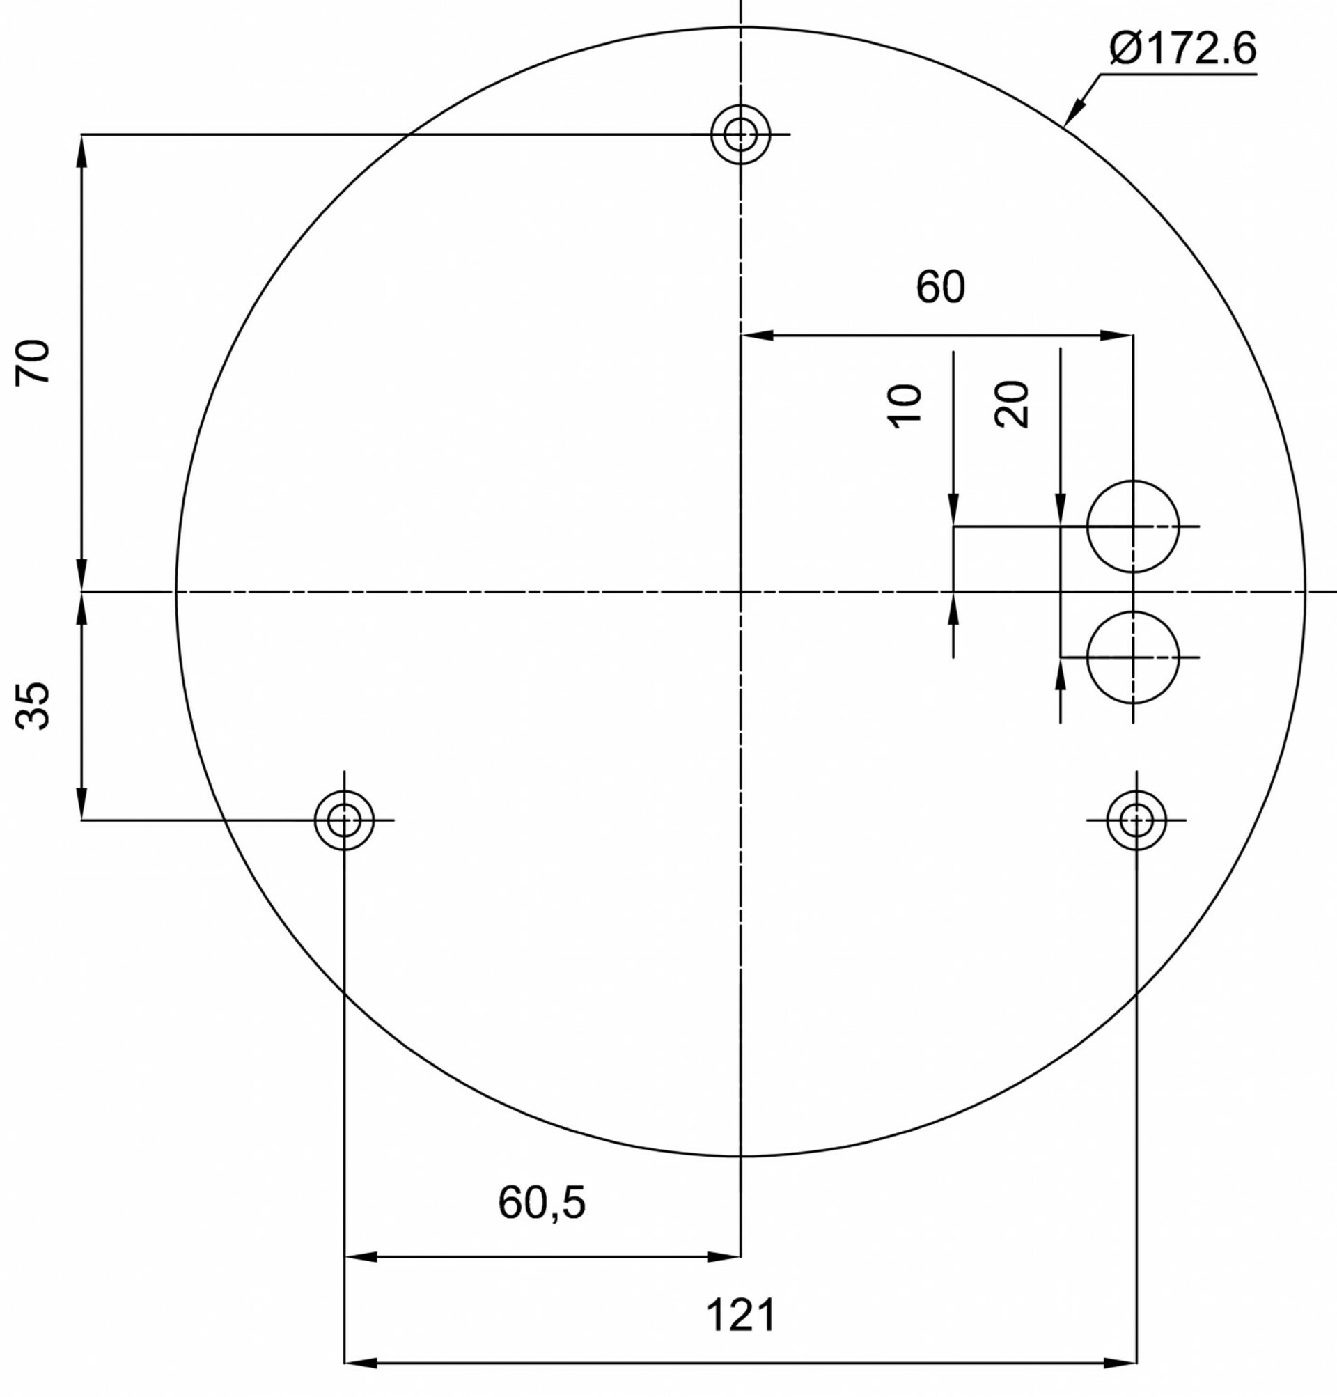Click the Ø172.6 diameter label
coord(1182,49)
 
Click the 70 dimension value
coord(33,362)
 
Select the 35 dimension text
coord(33,705)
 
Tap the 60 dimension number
coord(940,286)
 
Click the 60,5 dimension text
coord(542,1203)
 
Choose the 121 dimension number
coord(740,1315)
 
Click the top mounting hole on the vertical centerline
coord(740,134)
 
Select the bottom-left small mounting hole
coord(344,820)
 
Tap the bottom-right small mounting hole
coord(1136,820)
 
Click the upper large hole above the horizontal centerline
coord(1133,526)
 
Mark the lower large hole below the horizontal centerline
coord(1133,657)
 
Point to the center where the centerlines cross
coord(740,591)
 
